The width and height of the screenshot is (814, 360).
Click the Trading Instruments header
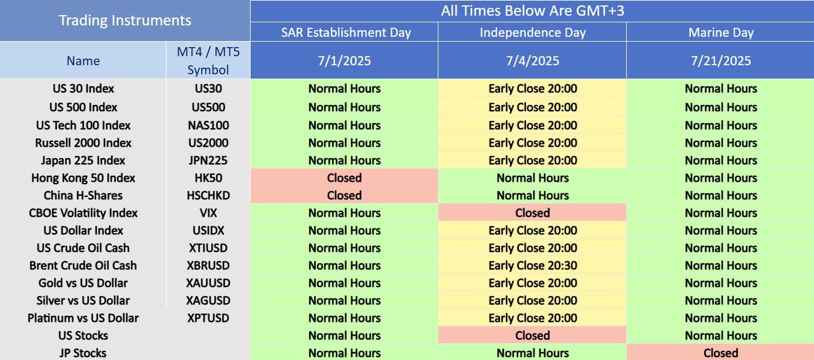(125, 21)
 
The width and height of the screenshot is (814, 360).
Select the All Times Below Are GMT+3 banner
(533, 10)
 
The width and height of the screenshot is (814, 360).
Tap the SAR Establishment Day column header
(346, 33)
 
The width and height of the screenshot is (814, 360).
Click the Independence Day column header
(533, 33)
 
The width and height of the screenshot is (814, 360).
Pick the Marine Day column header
(721, 33)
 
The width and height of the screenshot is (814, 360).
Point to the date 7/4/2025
(533, 60)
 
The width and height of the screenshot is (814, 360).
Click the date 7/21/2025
(721, 60)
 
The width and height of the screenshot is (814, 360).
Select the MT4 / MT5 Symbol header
(208, 60)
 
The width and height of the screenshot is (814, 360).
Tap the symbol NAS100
(208, 125)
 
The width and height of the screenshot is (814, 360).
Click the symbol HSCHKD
(208, 195)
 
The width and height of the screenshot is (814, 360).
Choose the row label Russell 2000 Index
(83, 143)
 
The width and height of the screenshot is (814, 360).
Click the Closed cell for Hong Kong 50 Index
(344, 178)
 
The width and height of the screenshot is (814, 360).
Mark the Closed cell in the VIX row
(533, 213)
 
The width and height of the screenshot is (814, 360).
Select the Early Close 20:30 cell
(533, 265)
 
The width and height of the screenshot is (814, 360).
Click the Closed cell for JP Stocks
(721, 353)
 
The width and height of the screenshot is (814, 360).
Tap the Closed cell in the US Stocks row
(533, 335)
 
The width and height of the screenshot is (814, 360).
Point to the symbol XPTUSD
(208, 318)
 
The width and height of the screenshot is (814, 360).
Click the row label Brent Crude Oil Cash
(83, 265)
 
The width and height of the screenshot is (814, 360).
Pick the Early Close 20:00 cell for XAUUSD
(533, 283)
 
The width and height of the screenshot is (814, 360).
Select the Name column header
(83, 61)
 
